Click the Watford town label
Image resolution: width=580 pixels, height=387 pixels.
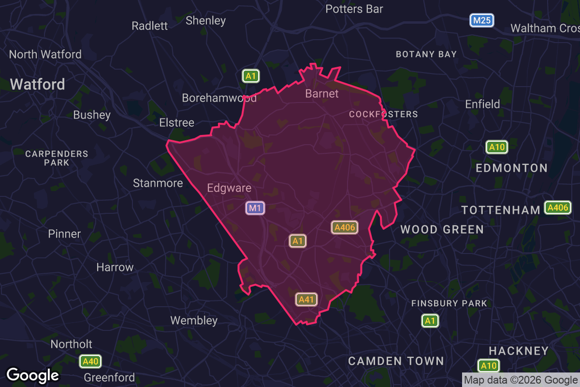37,84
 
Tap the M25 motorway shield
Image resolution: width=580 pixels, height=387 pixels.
481,20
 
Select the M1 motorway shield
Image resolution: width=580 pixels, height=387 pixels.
255,208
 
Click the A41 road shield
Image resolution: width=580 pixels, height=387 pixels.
306,299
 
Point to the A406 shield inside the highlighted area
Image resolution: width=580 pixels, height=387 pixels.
345,227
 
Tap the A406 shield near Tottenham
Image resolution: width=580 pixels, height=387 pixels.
558,208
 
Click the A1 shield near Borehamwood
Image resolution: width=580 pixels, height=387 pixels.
250,76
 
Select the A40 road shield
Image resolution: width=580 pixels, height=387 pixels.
90,361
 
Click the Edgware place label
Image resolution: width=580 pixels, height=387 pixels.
229,188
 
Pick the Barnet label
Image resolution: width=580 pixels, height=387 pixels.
322,93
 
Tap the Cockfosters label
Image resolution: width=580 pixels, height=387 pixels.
383,114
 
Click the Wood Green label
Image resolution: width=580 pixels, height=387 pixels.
442,229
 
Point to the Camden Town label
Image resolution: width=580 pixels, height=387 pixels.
396,361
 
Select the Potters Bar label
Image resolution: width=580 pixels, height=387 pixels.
354,9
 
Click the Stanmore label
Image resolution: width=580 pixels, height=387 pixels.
158,183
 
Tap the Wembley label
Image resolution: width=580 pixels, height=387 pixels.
194,320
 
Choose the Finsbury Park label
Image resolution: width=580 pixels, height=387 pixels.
449,303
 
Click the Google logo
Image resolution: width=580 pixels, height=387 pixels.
33,375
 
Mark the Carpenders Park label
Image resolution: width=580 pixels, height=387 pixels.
57,158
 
